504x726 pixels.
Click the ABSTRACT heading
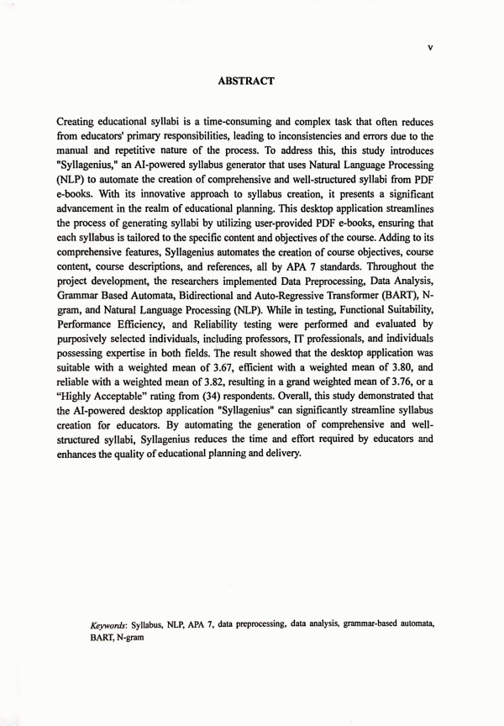247,82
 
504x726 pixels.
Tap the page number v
430,48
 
